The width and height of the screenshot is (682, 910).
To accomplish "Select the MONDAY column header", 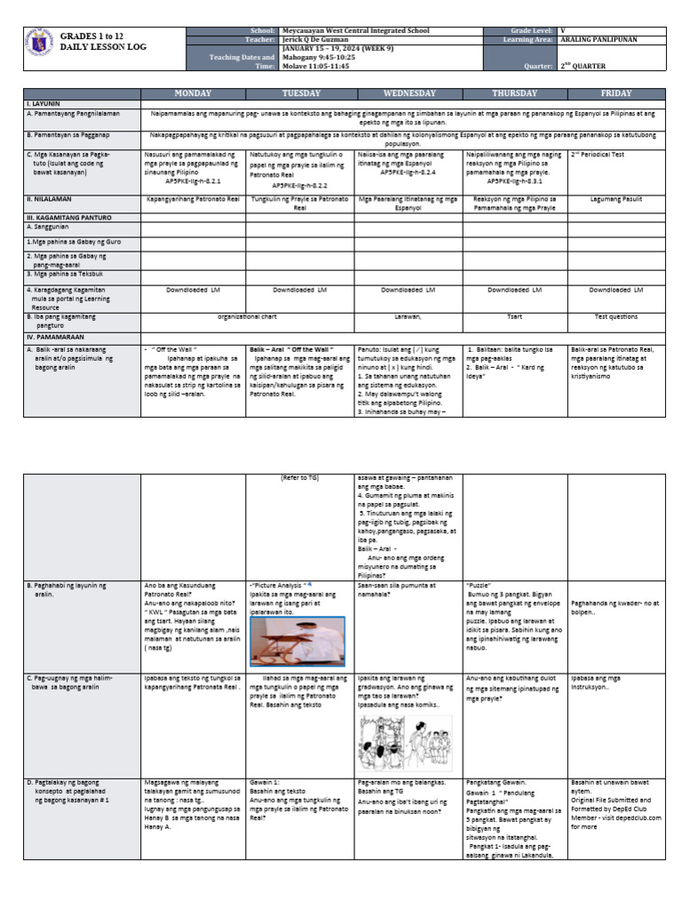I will click(x=193, y=93).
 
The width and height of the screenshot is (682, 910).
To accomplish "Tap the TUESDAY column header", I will click(x=300, y=93).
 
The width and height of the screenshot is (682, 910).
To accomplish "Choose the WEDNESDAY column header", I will click(x=408, y=93).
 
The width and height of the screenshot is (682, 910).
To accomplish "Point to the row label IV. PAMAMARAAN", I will click(x=55, y=339).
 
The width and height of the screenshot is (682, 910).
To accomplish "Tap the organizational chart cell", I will click(x=246, y=315).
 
